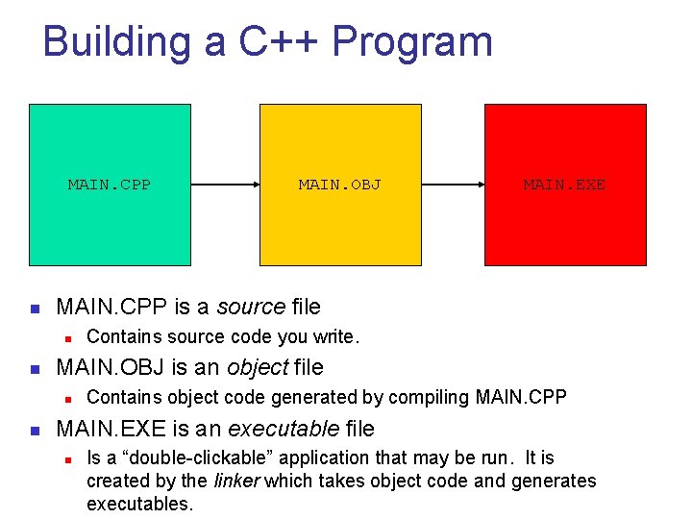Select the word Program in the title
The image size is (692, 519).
pos(412,42)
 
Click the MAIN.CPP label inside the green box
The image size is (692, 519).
pos(109,185)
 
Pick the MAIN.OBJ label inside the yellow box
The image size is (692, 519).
pos(339,185)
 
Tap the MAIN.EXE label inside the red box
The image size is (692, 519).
pos(564,185)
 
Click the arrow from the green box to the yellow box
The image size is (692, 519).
pos(225,185)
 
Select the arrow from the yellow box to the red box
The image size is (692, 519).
pos(453,185)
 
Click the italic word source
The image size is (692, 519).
pos(251,307)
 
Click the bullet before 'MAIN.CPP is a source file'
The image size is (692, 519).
pos(33,309)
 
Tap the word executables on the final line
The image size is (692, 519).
pos(138,504)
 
